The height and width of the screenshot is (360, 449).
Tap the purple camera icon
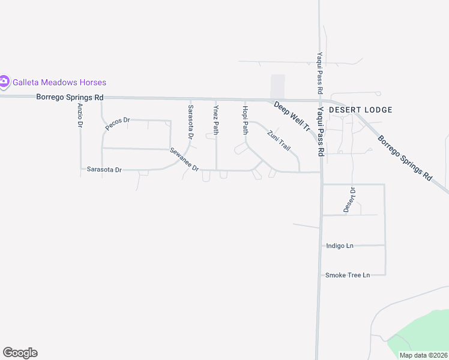pyautogui.click(x=4, y=82)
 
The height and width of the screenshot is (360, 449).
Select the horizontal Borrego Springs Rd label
pyautogui.click(x=70, y=97)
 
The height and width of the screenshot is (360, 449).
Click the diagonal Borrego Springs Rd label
pyautogui.click(x=405, y=158)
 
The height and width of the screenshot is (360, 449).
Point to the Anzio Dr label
pyautogui.click(x=80, y=115)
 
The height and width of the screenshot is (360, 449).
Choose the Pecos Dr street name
pyautogui.click(x=118, y=124)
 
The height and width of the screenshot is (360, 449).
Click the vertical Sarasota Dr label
pyautogui.click(x=191, y=122)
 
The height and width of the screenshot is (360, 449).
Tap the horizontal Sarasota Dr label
pyautogui.click(x=104, y=170)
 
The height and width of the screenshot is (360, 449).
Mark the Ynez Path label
pyautogui.click(x=216, y=120)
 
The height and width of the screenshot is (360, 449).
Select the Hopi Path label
pyautogui.click(x=245, y=119)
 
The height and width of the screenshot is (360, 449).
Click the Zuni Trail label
pyautogui.click(x=279, y=140)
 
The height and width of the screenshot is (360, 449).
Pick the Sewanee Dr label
pyautogui.click(x=184, y=160)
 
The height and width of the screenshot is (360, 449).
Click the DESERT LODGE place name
pyautogui.click(x=361, y=110)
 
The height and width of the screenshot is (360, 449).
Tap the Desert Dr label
pyautogui.click(x=349, y=200)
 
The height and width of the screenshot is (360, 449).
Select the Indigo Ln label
pyautogui.click(x=340, y=245)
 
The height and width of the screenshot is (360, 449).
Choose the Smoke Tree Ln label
pyautogui.click(x=347, y=275)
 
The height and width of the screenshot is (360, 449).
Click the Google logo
pyautogui.click(x=20, y=353)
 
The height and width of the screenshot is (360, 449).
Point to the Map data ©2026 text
pyautogui.click(x=423, y=355)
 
